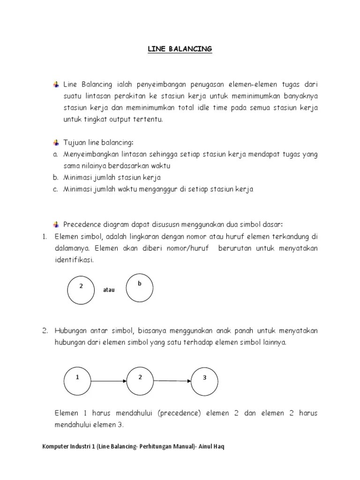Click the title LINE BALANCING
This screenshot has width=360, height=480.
tap(180, 49)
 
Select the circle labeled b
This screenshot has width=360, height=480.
tap(140, 287)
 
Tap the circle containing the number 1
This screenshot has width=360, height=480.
tap(77, 381)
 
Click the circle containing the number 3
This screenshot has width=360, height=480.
tap(205, 381)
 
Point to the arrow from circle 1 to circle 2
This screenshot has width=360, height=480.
tap(109, 381)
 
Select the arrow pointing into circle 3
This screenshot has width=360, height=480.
tap(172, 381)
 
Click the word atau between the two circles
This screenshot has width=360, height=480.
tap(108, 290)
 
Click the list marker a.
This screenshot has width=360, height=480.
tap(55, 154)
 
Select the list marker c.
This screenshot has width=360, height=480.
tap(55, 189)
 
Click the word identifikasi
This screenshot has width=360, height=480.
tap(74, 260)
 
